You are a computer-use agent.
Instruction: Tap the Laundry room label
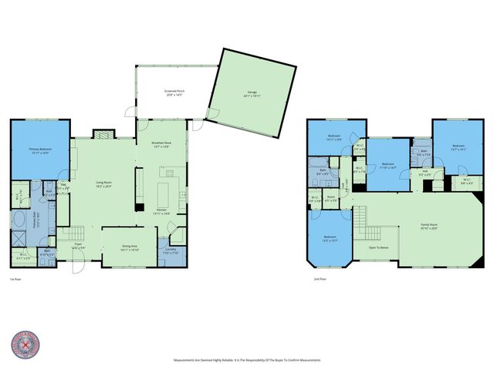(x=171, y=251)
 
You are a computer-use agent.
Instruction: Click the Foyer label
(x=79, y=246)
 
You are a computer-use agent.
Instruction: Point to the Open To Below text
(x=378, y=248)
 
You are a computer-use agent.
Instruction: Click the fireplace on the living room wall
(x=102, y=133)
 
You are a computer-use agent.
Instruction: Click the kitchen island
(x=165, y=189)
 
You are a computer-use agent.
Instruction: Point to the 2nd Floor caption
(x=320, y=279)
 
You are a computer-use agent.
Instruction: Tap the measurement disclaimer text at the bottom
(x=247, y=360)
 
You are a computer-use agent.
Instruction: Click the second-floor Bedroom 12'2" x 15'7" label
(x=330, y=239)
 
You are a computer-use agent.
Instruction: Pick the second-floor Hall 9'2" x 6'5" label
(x=425, y=173)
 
